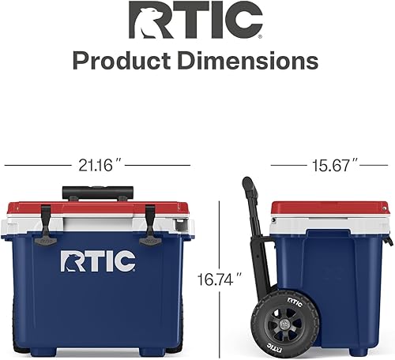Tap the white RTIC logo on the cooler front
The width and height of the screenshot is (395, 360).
tap(98, 261)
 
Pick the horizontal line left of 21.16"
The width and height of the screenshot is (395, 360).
tap(39, 165)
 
